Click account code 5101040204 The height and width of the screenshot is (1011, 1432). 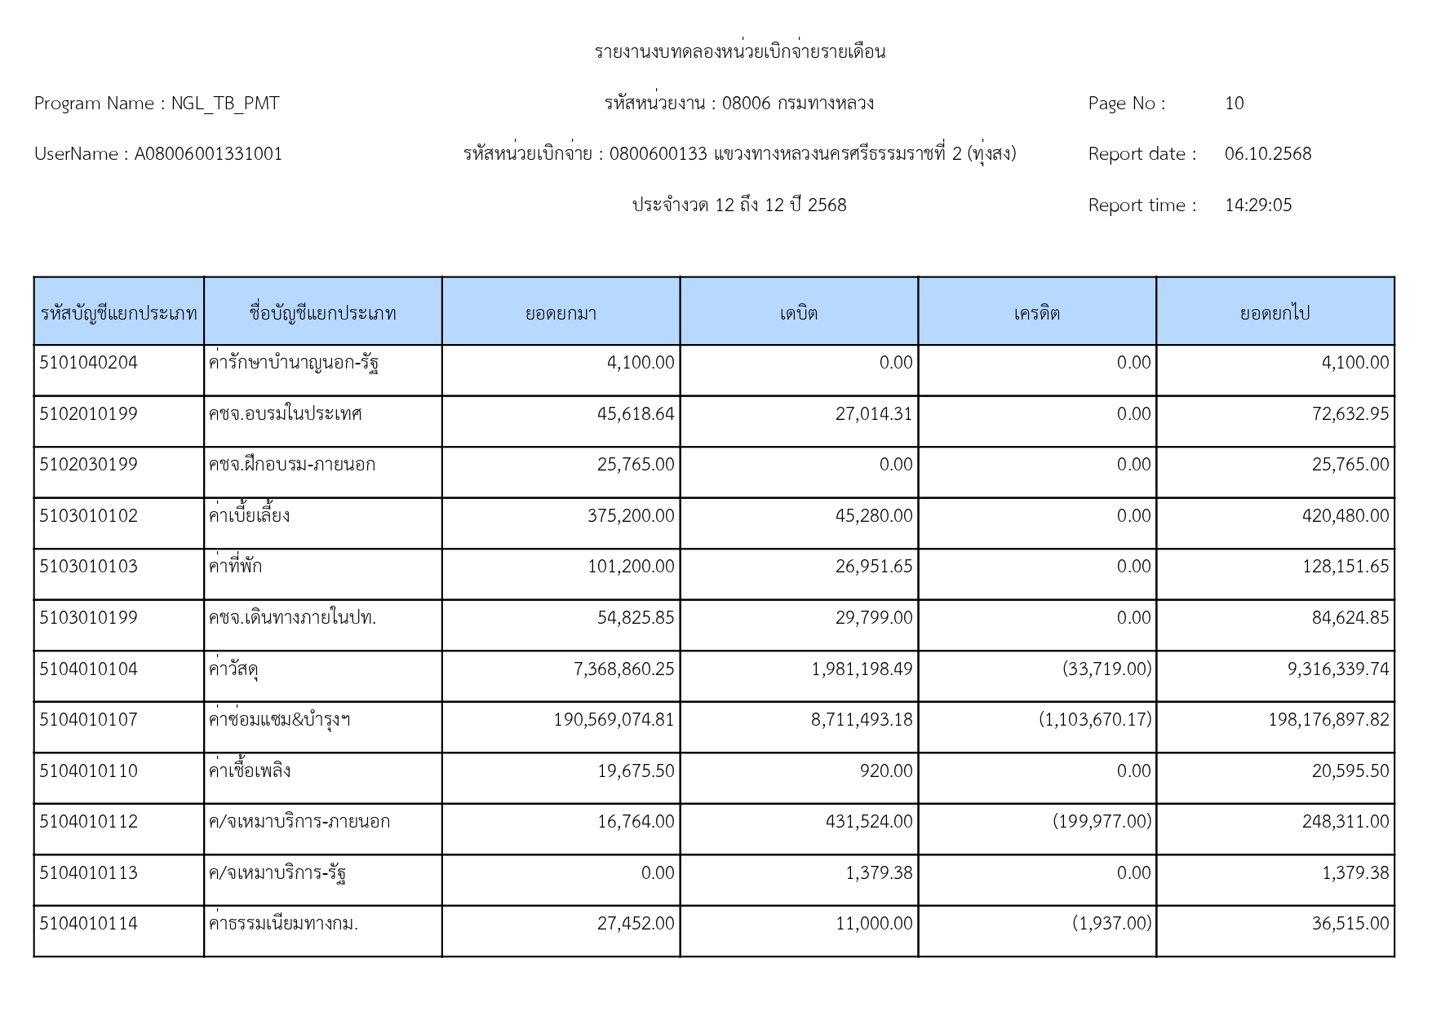88,363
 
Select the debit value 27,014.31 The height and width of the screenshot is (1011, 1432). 873,414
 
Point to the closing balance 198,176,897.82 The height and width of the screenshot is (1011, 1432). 1328,720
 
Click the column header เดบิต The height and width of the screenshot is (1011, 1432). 798,313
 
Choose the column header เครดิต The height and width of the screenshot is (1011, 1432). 1036,313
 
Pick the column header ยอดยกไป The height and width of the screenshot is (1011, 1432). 1275,313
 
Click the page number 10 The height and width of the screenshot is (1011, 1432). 1234,104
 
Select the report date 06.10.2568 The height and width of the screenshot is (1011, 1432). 1267,154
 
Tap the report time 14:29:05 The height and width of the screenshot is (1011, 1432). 1257,205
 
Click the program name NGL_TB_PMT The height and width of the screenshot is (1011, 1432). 224,104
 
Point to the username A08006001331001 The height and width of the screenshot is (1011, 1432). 208,154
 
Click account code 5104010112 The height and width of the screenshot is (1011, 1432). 88,822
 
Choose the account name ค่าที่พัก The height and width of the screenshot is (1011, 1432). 235,567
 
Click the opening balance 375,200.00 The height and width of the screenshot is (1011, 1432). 630,516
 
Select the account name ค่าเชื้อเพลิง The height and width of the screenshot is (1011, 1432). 249,771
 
